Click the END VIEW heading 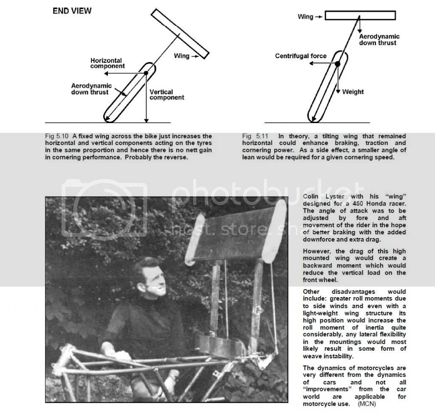pos(72,11)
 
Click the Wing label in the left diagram pos(181,56)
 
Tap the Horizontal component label pos(107,63)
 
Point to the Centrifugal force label pos(301,56)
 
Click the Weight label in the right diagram pos(353,92)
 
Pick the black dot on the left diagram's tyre pos(146,73)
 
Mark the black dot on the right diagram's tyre pos(337,64)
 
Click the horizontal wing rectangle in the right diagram pos(360,16)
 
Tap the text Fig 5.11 pos(253,136)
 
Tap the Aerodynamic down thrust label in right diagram pos(379,39)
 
